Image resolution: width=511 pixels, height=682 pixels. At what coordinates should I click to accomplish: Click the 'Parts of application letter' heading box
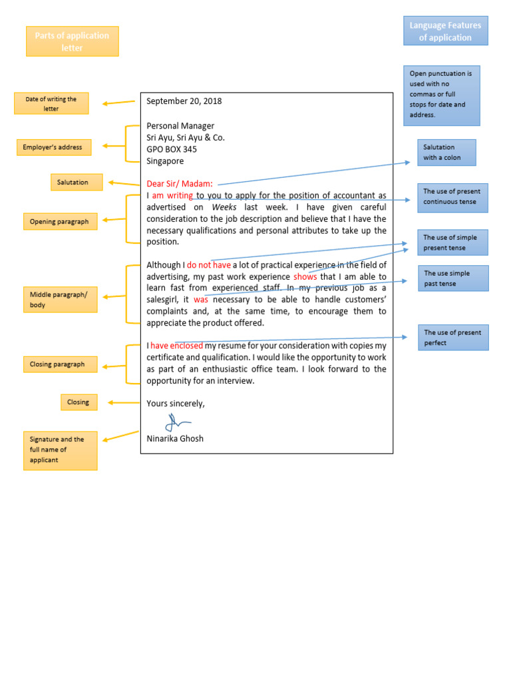click(72, 41)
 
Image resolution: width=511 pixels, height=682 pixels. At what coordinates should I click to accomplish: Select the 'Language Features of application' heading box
click(445, 31)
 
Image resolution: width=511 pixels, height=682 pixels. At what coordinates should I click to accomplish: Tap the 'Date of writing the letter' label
click(51, 103)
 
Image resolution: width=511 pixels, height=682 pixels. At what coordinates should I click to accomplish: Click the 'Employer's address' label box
click(53, 147)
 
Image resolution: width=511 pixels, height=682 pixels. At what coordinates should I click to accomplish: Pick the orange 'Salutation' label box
click(77, 182)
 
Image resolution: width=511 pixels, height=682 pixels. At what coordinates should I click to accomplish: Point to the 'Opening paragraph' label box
click(60, 221)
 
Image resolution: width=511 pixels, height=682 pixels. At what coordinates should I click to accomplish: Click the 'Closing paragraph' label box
click(60, 364)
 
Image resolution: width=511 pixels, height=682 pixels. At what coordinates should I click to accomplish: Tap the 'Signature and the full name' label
click(60, 450)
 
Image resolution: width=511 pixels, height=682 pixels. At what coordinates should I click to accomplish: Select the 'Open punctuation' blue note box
click(441, 95)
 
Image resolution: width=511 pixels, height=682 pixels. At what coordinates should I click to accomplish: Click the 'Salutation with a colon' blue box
click(446, 153)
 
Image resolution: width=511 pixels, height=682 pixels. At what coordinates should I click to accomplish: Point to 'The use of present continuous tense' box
click(452, 197)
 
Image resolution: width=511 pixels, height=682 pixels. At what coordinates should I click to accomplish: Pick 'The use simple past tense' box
click(452, 278)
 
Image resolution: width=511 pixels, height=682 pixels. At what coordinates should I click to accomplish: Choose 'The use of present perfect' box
click(452, 338)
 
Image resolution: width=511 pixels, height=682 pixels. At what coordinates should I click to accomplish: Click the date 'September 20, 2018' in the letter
click(184, 101)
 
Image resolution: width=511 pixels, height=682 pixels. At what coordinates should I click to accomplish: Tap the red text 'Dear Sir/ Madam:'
click(180, 184)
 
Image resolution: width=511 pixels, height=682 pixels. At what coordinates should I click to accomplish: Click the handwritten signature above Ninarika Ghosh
click(177, 422)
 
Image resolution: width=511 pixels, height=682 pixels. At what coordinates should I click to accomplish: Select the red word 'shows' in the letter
click(305, 276)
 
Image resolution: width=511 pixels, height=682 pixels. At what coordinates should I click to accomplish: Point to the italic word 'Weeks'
click(224, 207)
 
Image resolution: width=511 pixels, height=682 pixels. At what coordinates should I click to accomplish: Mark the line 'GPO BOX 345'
click(172, 149)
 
